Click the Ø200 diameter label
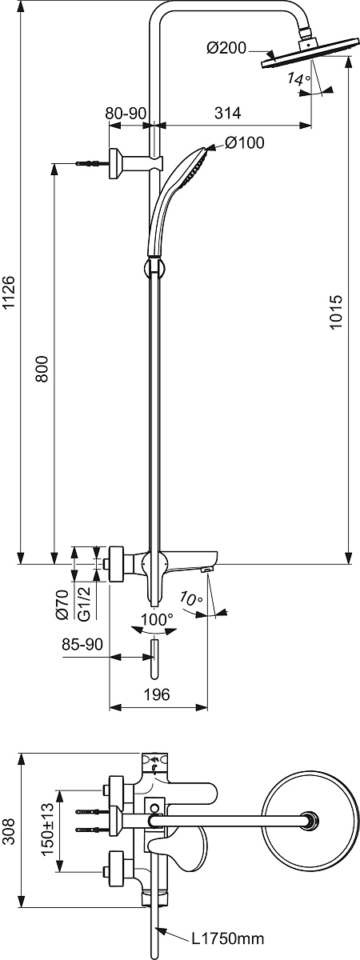coord(226,48)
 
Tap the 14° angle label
coord(298,78)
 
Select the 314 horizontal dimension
coord(227,113)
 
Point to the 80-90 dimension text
coord(126,113)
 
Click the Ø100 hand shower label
coord(244,142)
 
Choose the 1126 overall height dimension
coord(9,291)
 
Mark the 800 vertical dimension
coord(42,368)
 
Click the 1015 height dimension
coord(337,311)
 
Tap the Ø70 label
coord(62,603)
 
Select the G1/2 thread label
coord(85,603)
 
